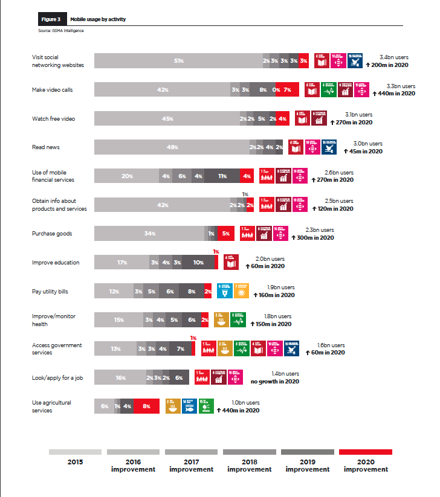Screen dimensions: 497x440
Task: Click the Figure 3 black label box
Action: pos(51,19)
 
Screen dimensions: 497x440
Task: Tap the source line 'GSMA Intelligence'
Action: pos(60,31)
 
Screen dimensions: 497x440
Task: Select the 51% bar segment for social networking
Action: pos(178,61)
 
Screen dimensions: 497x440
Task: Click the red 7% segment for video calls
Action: pos(288,89)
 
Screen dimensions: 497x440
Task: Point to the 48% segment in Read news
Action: pos(172,147)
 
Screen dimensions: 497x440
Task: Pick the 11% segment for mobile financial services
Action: pos(222,176)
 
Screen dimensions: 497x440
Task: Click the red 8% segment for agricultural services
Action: pos(146,406)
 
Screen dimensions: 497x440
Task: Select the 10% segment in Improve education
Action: pos(198,263)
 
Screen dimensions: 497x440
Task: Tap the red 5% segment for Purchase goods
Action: pos(225,234)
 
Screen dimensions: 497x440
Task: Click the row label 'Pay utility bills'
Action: pos(50,292)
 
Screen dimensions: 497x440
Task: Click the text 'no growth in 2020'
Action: pos(275,381)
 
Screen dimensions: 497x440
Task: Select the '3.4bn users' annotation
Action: pos(393,57)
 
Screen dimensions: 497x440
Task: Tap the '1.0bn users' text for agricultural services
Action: pos(245,403)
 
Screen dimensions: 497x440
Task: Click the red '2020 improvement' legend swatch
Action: pos(366,452)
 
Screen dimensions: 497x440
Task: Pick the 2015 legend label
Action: pos(75,462)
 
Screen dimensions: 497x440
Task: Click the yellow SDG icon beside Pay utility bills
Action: pos(241,291)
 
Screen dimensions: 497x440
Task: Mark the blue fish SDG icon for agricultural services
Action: pos(189,406)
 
